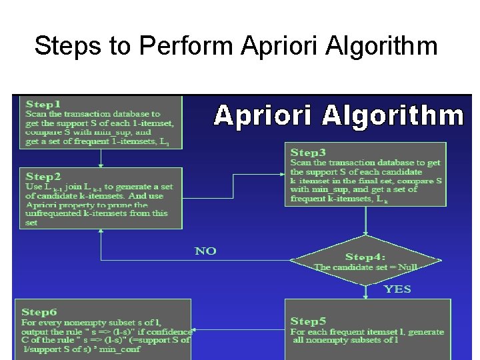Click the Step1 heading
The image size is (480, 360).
[43, 104]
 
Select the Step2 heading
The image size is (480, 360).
[43, 177]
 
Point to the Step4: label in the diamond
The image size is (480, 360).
[366, 257]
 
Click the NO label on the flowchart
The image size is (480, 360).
[205, 251]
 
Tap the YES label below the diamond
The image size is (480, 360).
[397, 289]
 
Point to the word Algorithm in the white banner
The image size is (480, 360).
[393, 116]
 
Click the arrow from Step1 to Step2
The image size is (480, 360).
[100, 158]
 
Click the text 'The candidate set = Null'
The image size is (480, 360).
[366, 267]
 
